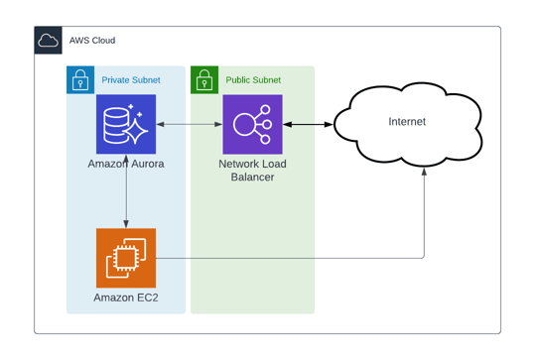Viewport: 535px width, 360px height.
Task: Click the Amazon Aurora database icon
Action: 126,125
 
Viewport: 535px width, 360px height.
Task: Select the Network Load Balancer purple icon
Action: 252,125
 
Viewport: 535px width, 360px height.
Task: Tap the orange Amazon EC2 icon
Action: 126,258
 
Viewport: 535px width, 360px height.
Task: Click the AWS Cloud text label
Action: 92,41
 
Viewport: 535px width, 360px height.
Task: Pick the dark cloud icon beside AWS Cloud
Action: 48,41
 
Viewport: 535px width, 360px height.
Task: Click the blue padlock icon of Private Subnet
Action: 80,80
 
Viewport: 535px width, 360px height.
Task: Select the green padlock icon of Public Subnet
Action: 204,80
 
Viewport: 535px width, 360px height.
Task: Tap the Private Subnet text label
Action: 131,80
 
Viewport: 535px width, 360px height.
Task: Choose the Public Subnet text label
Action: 253,80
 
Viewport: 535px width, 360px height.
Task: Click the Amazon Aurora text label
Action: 126,164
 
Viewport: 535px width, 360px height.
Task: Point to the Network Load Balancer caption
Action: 252,170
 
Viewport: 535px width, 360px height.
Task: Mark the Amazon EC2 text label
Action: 126,298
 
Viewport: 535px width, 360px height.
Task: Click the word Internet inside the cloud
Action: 407,122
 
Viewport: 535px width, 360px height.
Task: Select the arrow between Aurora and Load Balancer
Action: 190,125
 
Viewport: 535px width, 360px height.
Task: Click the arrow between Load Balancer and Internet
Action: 308,125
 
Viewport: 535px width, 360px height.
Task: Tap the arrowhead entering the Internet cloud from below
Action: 425,172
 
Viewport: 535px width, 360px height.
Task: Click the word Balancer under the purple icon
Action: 252,177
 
